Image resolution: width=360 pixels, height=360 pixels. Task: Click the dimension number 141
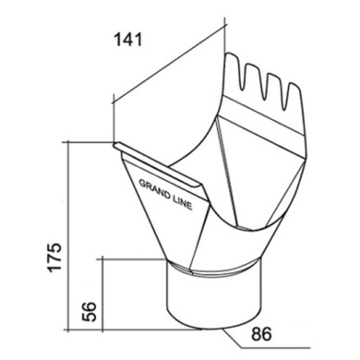click(128, 40)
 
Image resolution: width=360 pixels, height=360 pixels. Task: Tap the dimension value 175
click(54, 258)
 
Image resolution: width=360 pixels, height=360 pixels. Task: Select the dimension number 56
click(90, 312)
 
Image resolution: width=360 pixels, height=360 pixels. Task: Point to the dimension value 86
click(261, 334)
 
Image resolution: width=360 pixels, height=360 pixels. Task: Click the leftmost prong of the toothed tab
click(234, 70)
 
